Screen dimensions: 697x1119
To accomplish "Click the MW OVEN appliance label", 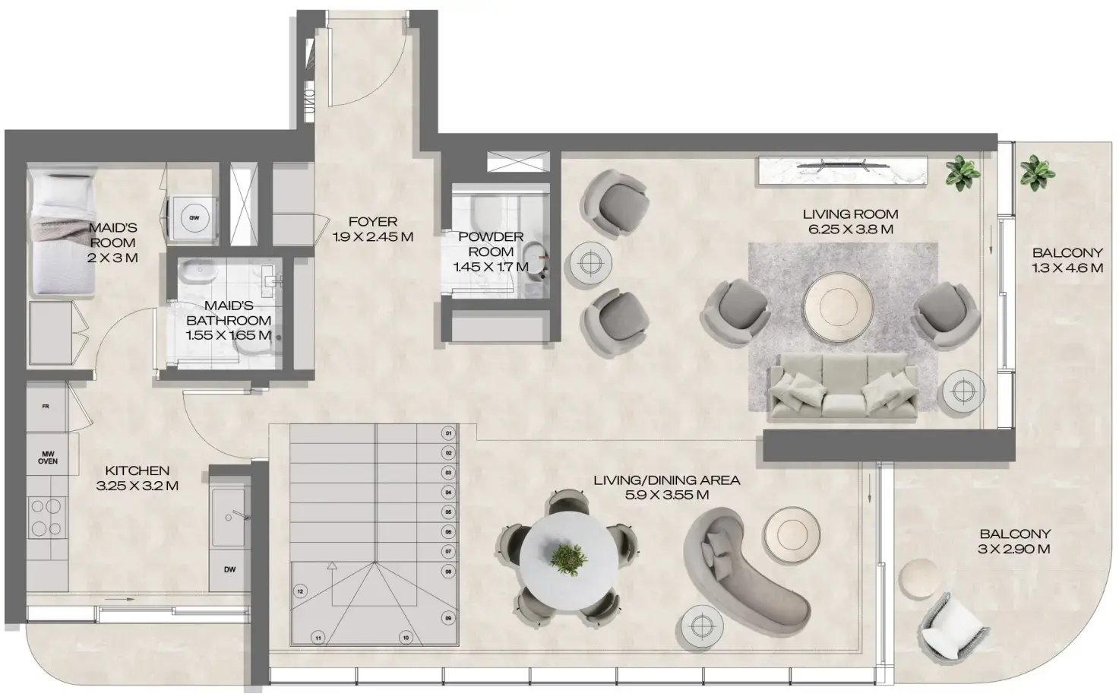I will tap(47, 457).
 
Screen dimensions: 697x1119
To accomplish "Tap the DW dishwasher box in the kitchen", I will tap(229, 569).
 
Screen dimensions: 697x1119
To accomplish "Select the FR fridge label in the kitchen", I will tap(46, 407).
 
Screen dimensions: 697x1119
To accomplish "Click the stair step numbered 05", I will tap(448, 512).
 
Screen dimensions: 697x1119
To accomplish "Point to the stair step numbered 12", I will tap(301, 591).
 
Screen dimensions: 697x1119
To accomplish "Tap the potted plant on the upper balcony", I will tap(1037, 173).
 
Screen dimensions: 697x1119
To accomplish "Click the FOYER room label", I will tap(372, 222).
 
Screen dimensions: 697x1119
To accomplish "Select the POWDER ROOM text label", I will tap(491, 244).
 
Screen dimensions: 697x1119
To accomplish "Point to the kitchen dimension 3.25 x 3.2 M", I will tap(137, 486).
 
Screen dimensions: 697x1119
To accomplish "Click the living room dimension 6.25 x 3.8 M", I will tap(849, 229).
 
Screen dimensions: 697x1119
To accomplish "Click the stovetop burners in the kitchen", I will tap(47, 517).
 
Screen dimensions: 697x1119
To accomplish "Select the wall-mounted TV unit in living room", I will tap(842, 169).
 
